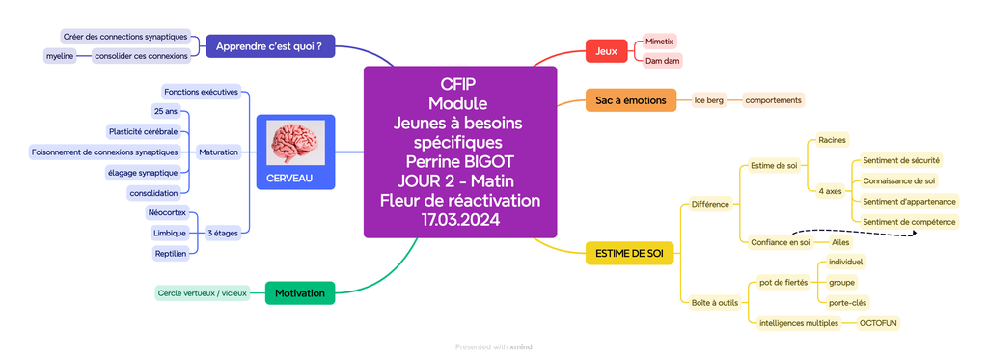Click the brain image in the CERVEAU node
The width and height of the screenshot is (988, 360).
click(x=295, y=144)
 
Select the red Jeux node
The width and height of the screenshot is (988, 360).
click(x=607, y=50)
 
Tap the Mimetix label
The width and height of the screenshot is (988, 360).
click(x=660, y=42)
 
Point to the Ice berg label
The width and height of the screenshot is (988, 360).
click(x=708, y=100)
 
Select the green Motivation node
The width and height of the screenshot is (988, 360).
click(x=299, y=292)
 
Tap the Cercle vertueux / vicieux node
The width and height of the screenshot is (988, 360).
click(x=203, y=292)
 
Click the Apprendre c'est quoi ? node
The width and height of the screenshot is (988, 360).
click(x=269, y=45)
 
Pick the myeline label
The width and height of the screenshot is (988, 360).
click(x=60, y=56)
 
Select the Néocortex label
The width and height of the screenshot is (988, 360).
click(x=167, y=212)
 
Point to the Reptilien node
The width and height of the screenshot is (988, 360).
click(x=170, y=253)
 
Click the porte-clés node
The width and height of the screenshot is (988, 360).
click(x=847, y=303)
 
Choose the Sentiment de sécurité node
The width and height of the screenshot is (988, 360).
click(x=901, y=160)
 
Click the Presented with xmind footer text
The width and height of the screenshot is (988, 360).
click(x=493, y=347)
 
